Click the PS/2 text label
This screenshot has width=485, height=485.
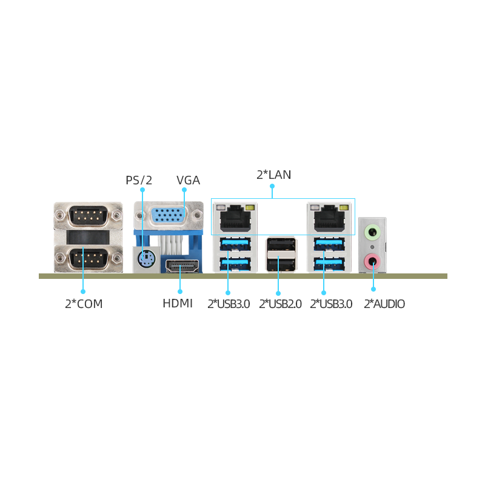point(139,180)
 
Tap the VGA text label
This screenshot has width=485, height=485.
point(188,180)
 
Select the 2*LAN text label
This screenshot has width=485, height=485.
point(274,175)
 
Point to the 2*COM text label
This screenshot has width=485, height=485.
point(84,304)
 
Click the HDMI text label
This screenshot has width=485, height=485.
point(178,304)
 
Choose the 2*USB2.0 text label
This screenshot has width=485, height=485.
point(280,304)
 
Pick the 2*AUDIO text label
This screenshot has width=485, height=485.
point(384,304)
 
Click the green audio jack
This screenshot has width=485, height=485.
point(372,232)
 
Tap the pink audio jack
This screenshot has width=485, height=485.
point(372,261)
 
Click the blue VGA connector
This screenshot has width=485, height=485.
point(168,215)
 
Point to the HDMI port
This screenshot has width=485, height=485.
point(182,266)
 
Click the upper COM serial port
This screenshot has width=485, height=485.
point(88,214)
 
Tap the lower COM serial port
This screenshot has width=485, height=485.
point(88,257)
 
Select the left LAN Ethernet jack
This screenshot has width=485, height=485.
point(235,218)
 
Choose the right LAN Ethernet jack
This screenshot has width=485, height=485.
point(329,218)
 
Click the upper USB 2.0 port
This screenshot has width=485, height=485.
point(281,244)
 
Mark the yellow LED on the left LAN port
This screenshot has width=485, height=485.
point(250,207)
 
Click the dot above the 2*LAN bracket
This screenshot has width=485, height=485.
point(272,186)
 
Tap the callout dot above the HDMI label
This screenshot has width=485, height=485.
point(180,292)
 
